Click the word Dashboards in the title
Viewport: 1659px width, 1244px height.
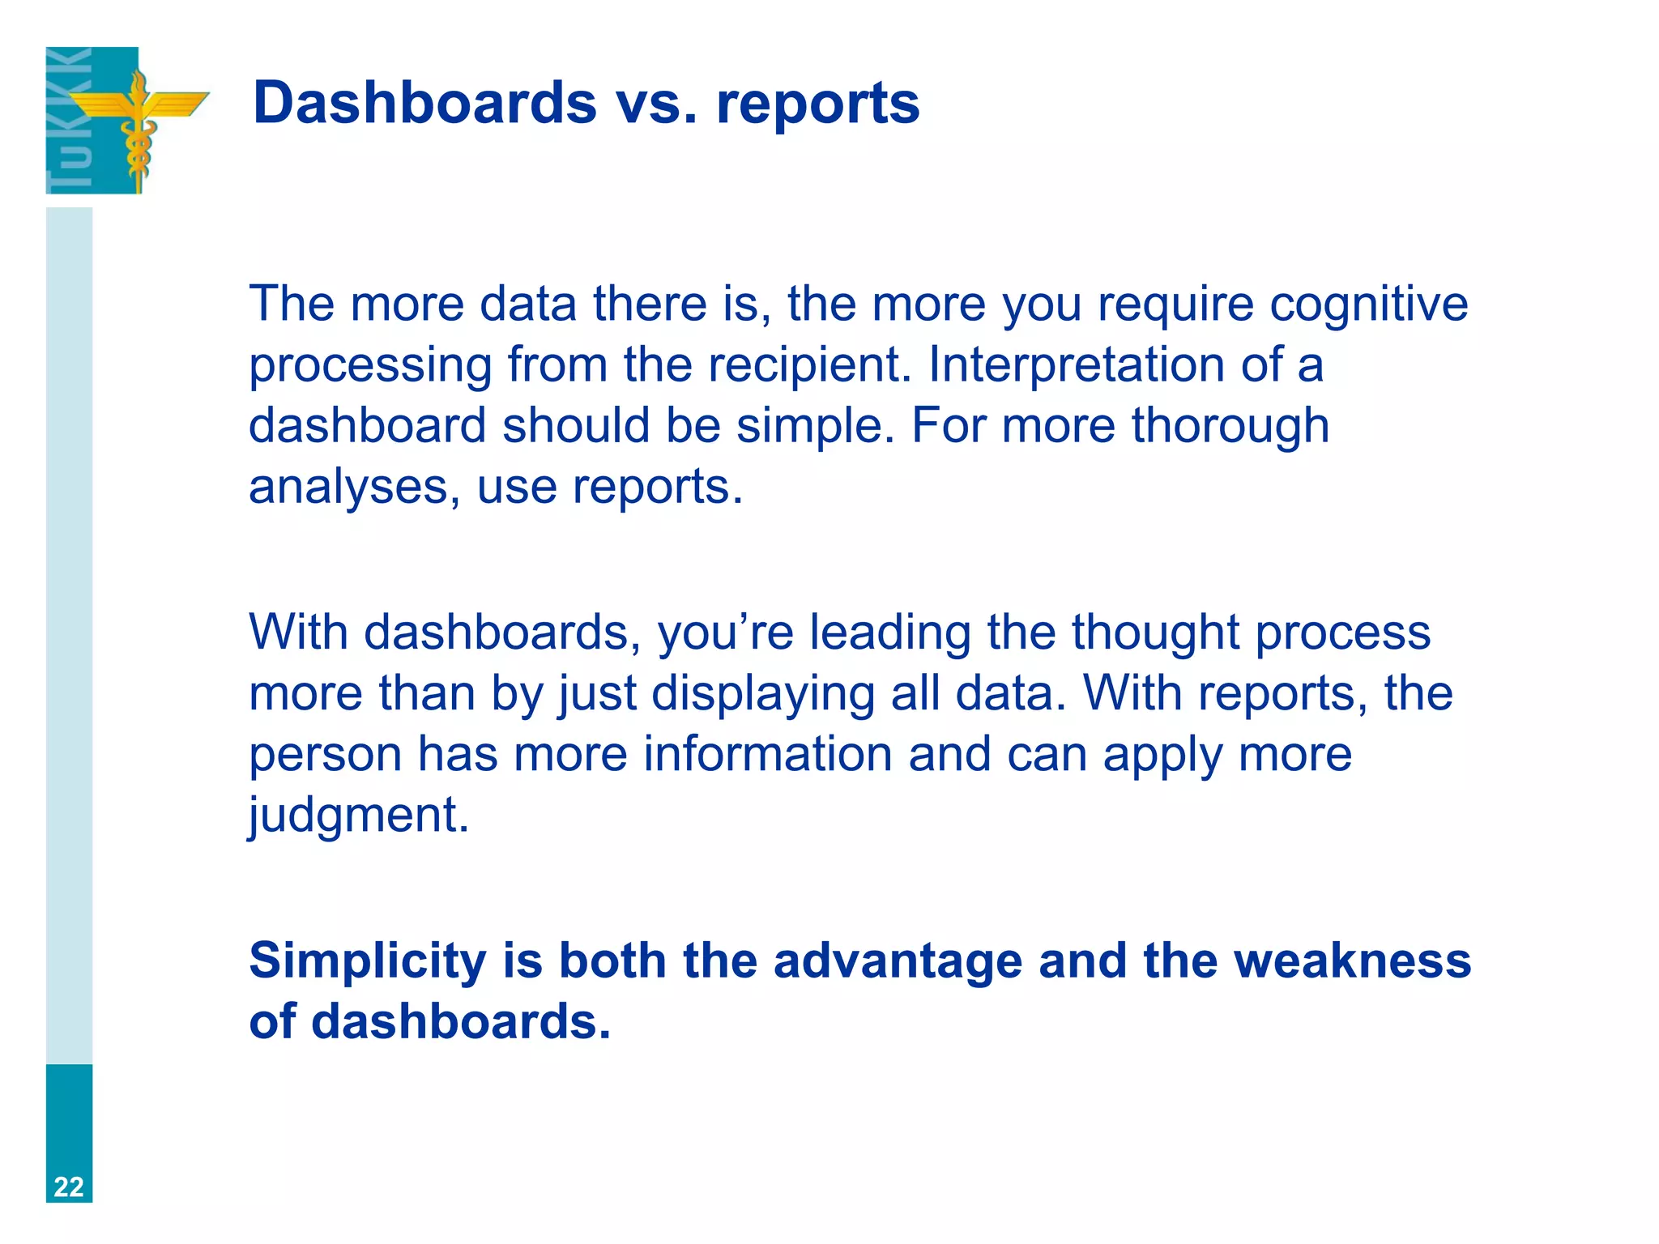click(424, 103)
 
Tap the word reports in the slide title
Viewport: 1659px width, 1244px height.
click(817, 104)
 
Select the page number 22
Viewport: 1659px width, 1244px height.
click(69, 1186)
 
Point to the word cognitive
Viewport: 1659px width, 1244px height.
click(1368, 305)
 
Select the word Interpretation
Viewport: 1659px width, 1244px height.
click(1077, 364)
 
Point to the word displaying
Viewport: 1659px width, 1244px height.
click(762, 695)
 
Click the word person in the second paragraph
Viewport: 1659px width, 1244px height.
click(325, 756)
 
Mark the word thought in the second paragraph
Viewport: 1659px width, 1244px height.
click(1155, 632)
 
